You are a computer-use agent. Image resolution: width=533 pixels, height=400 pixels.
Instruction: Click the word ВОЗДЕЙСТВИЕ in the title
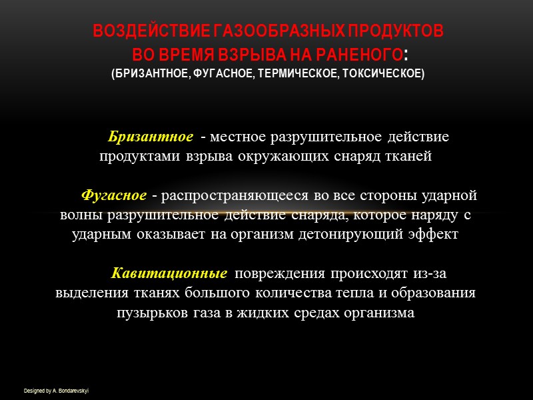(x=136, y=32)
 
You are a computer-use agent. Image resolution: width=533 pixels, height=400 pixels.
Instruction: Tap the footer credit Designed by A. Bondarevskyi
(x=56, y=390)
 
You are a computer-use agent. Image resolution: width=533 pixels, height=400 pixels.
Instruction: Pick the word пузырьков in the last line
(x=148, y=312)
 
